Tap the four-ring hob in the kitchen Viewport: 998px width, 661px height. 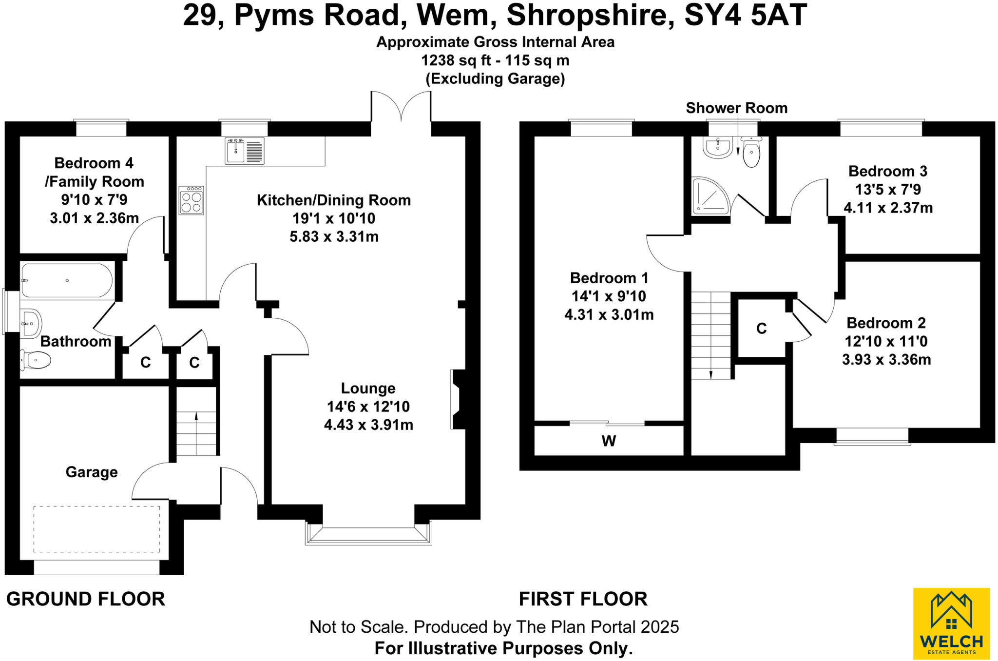click(191, 201)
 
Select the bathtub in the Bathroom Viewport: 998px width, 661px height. click(67, 281)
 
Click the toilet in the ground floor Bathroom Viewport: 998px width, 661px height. click(36, 361)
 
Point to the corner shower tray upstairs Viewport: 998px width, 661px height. click(710, 196)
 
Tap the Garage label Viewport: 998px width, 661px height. click(92, 472)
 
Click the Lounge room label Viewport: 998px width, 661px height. click(368, 389)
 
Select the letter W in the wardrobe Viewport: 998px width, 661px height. click(609, 441)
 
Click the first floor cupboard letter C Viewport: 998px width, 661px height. click(761, 329)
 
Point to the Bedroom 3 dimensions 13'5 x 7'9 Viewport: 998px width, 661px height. click(888, 190)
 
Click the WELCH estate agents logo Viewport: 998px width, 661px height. click(951, 623)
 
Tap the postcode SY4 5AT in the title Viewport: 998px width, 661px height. click(746, 16)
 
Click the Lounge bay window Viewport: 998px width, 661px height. click(368, 534)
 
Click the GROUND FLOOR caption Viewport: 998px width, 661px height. click(86, 599)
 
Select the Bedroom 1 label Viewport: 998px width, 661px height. click(609, 278)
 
